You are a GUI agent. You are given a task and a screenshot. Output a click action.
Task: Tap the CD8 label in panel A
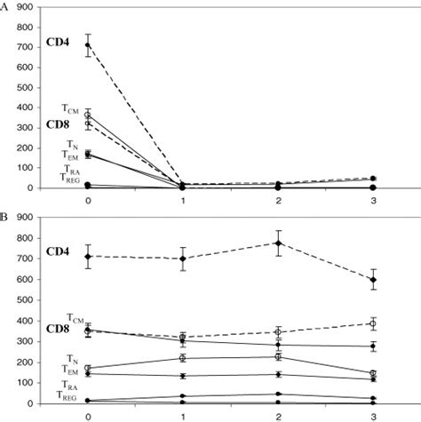pyautogui.click(x=33, y=124)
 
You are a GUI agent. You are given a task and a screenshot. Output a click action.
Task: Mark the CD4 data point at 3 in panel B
pyautogui.click(x=373, y=280)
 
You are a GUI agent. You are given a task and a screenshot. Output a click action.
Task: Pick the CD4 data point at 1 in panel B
pyautogui.click(x=182, y=259)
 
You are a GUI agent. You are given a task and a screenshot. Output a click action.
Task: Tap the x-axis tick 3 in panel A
pyautogui.click(x=373, y=201)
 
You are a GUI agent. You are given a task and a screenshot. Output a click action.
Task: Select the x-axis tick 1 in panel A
pyautogui.click(x=182, y=201)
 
